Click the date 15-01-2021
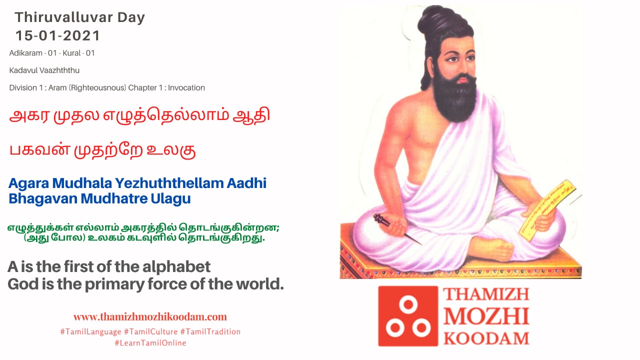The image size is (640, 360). (57, 35)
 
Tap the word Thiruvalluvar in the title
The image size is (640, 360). (61, 17)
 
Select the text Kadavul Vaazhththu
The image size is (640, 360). (44, 70)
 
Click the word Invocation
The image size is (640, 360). (186, 87)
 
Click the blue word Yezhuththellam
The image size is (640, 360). (169, 183)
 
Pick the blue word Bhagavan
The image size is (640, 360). (43, 199)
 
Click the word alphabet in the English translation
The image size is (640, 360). (176, 267)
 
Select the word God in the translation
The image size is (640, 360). (23, 284)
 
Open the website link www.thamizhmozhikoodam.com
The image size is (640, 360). (150, 317)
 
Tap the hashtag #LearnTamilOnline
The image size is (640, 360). (150, 343)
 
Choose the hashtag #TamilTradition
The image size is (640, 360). (210, 331)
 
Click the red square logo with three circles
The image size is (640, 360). (408, 316)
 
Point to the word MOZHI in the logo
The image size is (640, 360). (486, 316)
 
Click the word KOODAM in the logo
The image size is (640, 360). (486, 338)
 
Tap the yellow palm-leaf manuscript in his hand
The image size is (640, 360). (546, 209)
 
